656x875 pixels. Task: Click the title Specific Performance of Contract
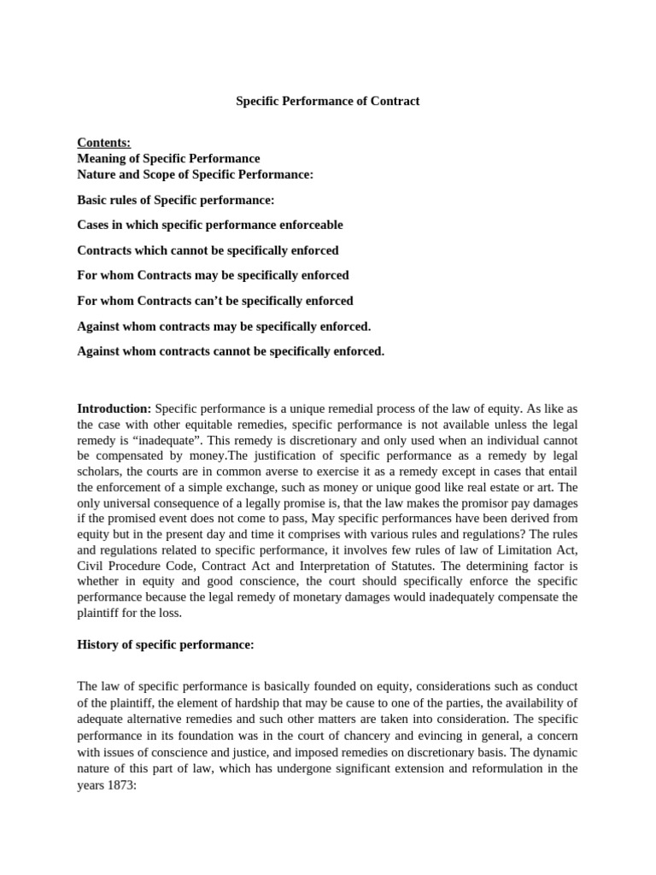point(328,101)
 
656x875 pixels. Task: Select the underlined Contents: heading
point(104,143)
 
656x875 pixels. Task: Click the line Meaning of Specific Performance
point(168,158)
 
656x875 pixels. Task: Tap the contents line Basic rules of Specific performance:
point(176,200)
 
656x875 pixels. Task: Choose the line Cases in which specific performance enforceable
point(210,225)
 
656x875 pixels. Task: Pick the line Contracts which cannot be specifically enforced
point(208,250)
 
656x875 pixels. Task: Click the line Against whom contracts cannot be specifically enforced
point(231,350)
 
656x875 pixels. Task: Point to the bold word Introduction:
point(114,409)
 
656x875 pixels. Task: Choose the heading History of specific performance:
point(166,645)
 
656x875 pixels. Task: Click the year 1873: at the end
point(120,784)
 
